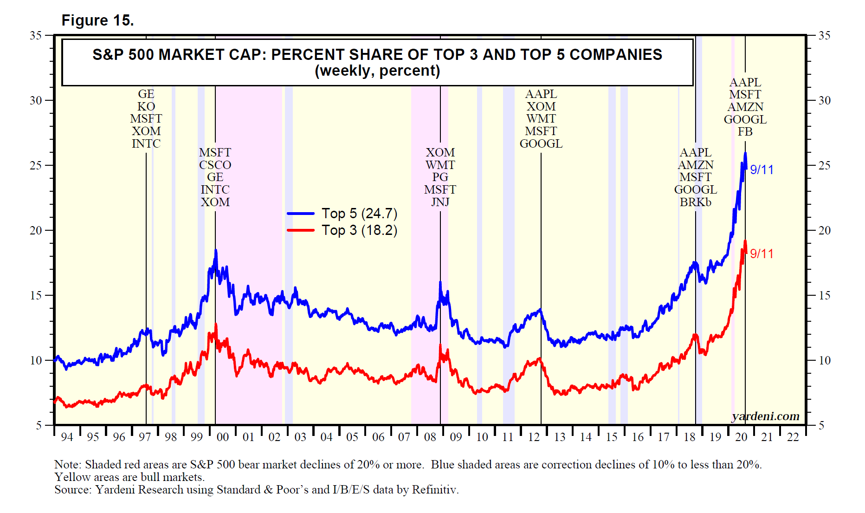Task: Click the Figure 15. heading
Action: pos(97,20)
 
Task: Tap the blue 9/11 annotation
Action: pos(762,170)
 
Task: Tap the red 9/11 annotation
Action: pos(762,254)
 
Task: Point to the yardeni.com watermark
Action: pos(765,416)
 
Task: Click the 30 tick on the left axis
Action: pos(36,100)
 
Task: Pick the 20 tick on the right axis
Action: pos(824,230)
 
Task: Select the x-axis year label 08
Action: pos(430,437)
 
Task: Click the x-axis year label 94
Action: pos(67,437)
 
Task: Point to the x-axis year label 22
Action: pos(793,437)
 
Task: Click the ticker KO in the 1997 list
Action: pos(146,106)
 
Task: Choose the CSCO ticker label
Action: pos(215,165)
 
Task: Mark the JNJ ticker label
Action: pos(440,202)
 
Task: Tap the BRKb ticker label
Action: pos(695,202)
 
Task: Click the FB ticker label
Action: pos(745,132)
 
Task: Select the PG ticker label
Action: pos(440,177)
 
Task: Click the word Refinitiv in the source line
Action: pos(435,490)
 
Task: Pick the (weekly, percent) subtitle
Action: pos(377,71)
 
